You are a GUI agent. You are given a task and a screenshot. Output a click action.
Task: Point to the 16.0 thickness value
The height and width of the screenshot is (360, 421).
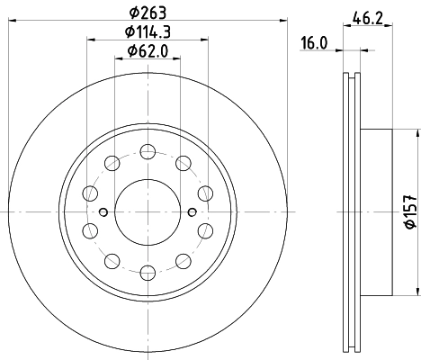312,41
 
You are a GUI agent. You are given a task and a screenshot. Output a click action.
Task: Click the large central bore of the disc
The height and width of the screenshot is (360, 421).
148,211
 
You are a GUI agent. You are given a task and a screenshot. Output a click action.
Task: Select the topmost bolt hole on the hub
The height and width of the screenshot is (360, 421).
148,148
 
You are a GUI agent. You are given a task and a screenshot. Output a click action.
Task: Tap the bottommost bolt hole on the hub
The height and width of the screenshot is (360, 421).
148,275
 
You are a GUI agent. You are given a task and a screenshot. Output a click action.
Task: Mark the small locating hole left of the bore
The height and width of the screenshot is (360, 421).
103,211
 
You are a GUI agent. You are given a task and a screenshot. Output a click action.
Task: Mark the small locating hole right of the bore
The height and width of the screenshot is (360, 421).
192,211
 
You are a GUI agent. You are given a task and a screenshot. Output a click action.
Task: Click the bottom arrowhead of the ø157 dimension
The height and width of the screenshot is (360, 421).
416,291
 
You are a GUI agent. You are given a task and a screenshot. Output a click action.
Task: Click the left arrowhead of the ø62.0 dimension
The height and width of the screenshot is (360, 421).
118,59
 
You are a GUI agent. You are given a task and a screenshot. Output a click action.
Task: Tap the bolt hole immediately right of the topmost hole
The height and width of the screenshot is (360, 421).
184,162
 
